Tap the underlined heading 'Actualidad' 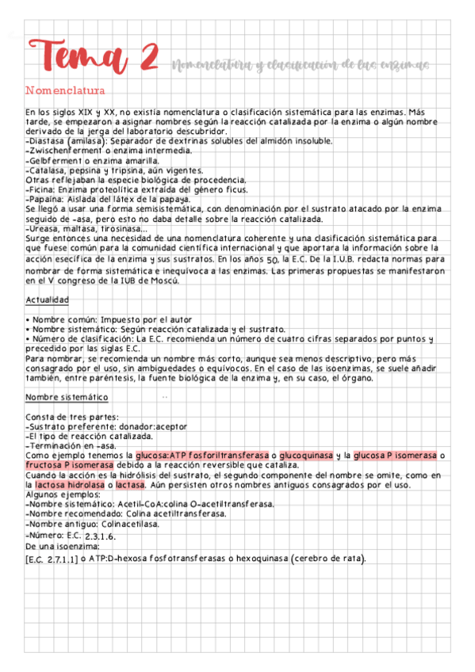pos(47,300)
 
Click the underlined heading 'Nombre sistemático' pos(67,396)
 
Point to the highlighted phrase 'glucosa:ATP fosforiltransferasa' pos(201,456)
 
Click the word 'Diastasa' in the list pos(47,141)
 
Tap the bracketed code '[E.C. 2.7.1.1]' pos(52,559)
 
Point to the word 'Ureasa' pos(44,228)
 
